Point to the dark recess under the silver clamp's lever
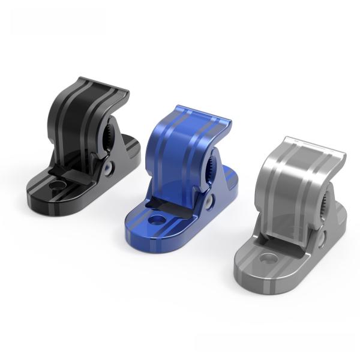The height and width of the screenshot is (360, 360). (x=285, y=243)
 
